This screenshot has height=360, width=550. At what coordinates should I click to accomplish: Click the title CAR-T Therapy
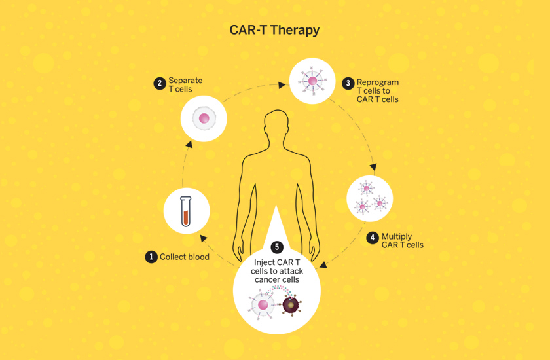[x=274, y=31]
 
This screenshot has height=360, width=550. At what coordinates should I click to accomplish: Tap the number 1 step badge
[x=151, y=257]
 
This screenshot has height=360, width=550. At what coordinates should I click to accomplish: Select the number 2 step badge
[x=159, y=84]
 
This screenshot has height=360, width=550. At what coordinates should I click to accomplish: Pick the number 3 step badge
[x=348, y=84]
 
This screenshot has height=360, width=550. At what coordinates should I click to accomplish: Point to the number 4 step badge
[x=373, y=237]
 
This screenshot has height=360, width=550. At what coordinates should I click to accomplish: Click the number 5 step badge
[x=278, y=247]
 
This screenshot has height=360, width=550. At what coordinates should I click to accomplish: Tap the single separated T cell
[x=204, y=119]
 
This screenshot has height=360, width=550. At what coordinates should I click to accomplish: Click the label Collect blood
[x=185, y=257]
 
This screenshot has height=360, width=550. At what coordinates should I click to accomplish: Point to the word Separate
[x=185, y=81]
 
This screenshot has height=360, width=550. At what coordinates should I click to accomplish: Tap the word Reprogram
[x=378, y=82]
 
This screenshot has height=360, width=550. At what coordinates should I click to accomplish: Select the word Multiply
[x=397, y=236]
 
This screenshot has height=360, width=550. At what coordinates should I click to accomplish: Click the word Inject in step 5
[x=265, y=263]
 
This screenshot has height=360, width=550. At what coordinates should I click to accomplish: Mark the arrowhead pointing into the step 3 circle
[x=284, y=84]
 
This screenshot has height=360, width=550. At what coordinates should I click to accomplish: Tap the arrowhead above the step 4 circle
[x=374, y=168]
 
